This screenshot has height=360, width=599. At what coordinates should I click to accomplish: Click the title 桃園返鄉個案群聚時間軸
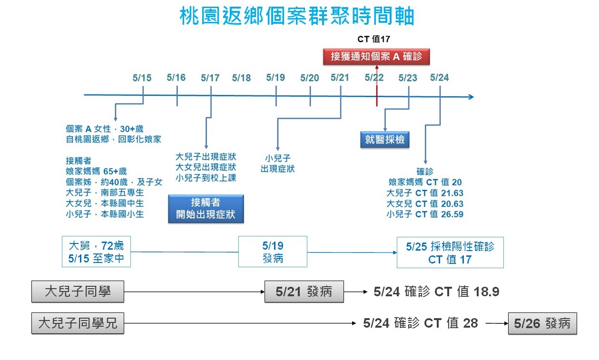point(297,17)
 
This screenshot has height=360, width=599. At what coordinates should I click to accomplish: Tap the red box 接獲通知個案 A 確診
point(376,57)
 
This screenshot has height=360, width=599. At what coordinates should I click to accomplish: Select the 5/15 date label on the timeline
point(142,78)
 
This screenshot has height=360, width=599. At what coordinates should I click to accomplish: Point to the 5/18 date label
point(241,78)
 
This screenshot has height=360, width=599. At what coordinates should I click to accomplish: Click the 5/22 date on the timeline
point(374,78)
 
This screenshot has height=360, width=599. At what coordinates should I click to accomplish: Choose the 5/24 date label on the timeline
point(439,78)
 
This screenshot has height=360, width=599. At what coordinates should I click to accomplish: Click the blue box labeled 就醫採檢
point(384,139)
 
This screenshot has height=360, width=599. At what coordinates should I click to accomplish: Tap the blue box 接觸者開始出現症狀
point(206,208)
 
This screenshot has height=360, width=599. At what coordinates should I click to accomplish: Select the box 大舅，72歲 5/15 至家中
point(97,252)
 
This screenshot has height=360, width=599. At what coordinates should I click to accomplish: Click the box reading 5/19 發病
point(273,252)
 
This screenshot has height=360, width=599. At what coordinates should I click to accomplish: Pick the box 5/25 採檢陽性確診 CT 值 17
point(450,252)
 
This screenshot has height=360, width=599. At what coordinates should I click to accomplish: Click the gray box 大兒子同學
point(78,292)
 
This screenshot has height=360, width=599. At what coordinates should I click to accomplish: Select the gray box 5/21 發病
point(304,292)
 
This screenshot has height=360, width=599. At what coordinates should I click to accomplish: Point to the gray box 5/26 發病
point(542,323)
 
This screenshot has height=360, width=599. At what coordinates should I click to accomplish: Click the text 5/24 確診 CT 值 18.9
point(436,292)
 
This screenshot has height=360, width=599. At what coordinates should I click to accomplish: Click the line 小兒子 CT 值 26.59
point(424,214)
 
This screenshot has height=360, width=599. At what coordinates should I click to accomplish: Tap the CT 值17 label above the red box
point(373,39)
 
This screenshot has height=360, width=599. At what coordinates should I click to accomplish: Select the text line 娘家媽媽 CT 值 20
point(424,182)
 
